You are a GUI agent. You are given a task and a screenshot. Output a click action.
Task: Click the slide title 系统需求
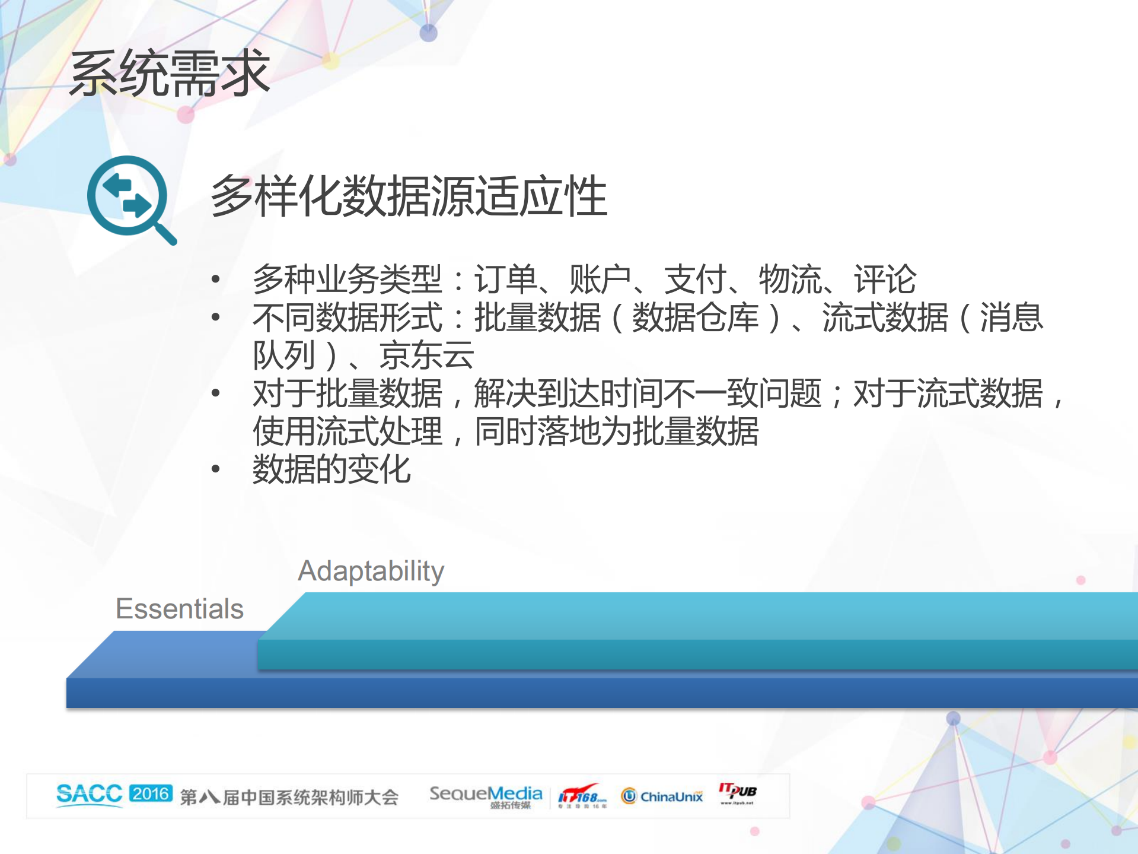click(170, 74)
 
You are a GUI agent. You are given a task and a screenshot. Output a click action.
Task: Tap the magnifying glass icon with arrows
click(130, 199)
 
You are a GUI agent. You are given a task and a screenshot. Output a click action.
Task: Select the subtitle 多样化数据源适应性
click(409, 196)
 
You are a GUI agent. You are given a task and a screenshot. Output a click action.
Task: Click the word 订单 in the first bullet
click(505, 279)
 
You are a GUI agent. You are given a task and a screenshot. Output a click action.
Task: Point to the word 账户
click(600, 279)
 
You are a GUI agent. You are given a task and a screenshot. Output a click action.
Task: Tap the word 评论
click(885, 279)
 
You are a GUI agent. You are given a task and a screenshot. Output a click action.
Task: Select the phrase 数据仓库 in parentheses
click(695, 318)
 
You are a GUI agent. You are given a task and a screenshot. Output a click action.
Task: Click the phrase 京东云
click(426, 355)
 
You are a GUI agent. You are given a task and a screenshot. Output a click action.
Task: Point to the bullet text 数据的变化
click(331, 469)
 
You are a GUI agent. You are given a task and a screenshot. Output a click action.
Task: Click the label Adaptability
click(371, 571)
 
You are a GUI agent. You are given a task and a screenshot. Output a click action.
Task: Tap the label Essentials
click(180, 609)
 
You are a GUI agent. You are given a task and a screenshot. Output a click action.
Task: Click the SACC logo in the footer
click(89, 795)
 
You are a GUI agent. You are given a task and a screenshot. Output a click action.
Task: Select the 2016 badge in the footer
click(151, 793)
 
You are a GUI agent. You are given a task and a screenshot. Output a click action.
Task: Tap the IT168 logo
click(582, 796)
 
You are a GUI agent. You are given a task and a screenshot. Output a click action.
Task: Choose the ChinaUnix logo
click(662, 796)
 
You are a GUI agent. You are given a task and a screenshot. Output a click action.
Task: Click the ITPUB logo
click(737, 793)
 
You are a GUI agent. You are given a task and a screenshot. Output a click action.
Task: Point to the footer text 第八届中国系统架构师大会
click(289, 797)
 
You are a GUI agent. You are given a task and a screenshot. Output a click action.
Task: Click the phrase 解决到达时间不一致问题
click(648, 393)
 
